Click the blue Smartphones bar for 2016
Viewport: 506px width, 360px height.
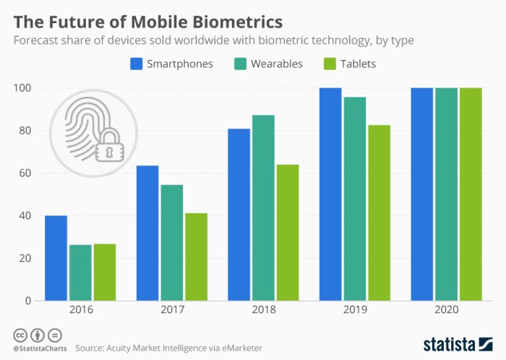coord(56,258)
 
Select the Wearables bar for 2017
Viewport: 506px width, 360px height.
coord(171,242)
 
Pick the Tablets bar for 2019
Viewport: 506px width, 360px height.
coord(379,213)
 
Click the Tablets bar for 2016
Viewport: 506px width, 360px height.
coord(104,272)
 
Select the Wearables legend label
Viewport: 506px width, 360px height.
coord(276,64)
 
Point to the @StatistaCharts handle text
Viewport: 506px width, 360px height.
coord(38,348)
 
